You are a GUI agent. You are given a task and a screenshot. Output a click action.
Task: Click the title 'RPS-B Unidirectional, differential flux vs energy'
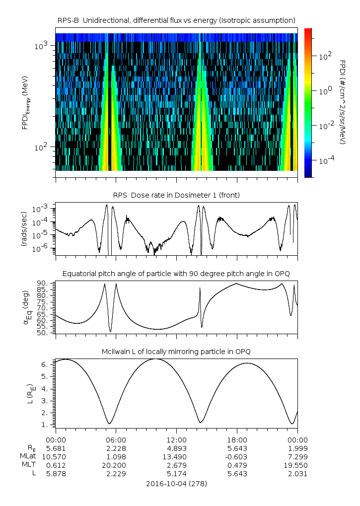coord(176,20)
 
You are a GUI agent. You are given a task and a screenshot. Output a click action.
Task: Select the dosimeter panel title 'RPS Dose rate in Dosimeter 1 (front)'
coord(176,195)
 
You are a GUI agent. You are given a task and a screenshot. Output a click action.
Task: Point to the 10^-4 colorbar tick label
coord(325,161)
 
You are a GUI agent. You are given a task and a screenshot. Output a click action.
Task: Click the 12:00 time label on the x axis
coord(176,439)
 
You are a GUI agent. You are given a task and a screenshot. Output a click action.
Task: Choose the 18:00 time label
coord(237,439)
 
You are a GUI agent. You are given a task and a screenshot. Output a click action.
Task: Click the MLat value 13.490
coord(176,456)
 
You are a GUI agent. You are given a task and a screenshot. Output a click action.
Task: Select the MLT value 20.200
coord(116,465)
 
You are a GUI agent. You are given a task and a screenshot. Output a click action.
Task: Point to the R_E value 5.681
coord(56,448)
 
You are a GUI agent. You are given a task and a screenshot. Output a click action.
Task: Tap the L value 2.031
coord(297,473)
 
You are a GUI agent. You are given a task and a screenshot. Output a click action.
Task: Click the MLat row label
coord(27,456)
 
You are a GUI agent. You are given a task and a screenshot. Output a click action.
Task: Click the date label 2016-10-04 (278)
coord(176,483)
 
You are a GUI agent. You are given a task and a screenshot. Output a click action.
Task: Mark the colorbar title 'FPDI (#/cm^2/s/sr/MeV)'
coord(343,102)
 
